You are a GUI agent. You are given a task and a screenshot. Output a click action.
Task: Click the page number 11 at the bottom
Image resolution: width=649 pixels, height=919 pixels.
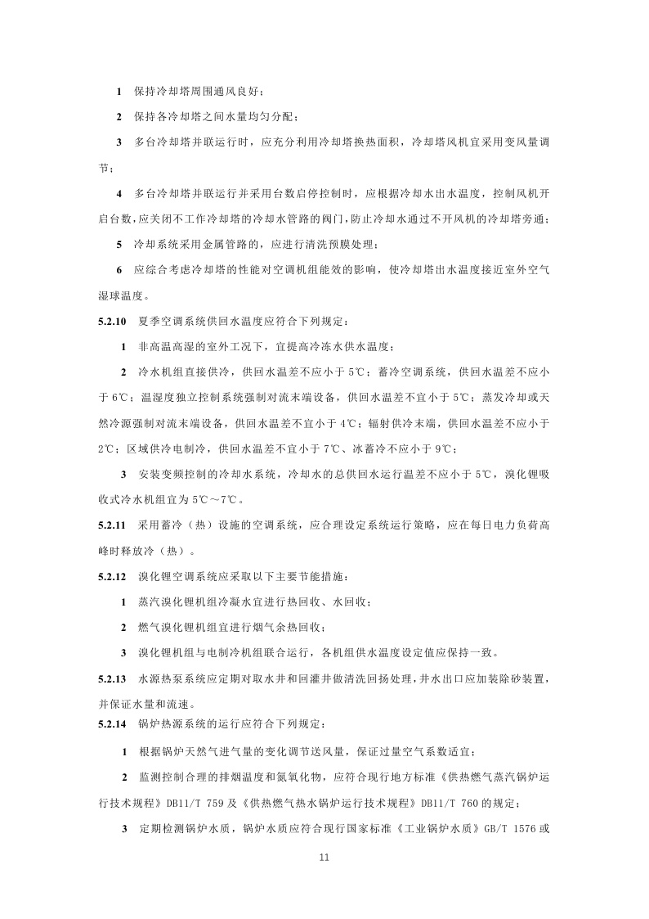tap(324, 858)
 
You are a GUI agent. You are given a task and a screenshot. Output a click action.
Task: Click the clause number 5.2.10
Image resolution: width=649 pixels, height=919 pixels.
tap(110, 321)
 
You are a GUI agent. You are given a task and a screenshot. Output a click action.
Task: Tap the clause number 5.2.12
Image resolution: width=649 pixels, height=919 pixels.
tap(110, 576)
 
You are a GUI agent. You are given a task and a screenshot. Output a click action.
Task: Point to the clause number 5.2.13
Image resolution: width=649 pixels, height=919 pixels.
tap(110, 678)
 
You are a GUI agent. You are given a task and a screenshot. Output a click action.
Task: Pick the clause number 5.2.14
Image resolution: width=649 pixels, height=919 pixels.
tap(110, 724)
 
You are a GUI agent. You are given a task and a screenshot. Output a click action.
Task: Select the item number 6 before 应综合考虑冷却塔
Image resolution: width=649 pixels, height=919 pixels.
tap(119, 269)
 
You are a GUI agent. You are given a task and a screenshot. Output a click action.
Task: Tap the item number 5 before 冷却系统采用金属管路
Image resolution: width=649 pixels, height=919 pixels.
tap(119, 244)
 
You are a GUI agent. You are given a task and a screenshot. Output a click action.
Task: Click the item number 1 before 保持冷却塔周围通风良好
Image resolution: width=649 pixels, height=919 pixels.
tap(119, 90)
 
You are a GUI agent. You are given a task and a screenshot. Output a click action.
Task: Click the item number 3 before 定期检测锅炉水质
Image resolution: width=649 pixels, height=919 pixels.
tap(124, 827)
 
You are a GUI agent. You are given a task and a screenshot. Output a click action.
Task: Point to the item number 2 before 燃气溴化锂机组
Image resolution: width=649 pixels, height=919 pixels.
tap(124, 628)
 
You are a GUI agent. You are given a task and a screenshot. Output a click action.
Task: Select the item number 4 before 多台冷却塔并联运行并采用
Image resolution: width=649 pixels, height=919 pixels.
tap(119, 193)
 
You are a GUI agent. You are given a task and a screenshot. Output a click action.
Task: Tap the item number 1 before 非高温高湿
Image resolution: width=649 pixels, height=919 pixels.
tap(124, 346)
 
